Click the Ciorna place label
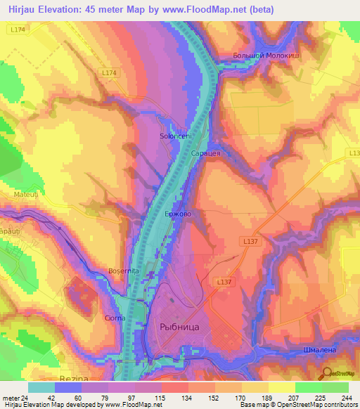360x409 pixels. pos(115,318)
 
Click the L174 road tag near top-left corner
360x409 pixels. pos(19,30)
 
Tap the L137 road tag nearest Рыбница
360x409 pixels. pos(224,281)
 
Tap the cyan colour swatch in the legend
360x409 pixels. pos(41,387)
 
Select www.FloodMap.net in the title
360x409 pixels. pos(205,10)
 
